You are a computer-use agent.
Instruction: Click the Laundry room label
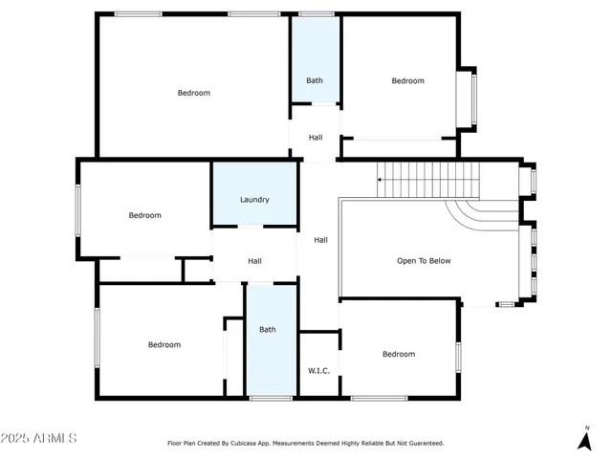[x=254, y=200]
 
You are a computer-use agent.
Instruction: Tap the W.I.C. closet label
[x=318, y=370]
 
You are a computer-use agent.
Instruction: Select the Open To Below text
[x=424, y=260]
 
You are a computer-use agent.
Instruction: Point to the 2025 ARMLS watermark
[x=39, y=438]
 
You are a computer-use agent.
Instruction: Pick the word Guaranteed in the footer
[x=422, y=443]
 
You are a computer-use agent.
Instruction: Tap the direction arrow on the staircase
[x=381, y=178]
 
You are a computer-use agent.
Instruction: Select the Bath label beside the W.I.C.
[x=268, y=330]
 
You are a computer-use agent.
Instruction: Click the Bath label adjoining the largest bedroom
[x=315, y=80]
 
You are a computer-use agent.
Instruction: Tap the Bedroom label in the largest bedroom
[x=193, y=93]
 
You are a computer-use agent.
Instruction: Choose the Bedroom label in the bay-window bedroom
[x=407, y=80]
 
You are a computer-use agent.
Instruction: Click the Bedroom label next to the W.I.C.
[x=399, y=354]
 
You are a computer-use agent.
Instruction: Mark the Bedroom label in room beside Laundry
[x=145, y=215]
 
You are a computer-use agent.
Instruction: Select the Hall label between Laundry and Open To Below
[x=321, y=240]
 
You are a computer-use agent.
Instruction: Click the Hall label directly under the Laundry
[x=254, y=261]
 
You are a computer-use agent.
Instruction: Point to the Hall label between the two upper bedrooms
[x=316, y=138]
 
